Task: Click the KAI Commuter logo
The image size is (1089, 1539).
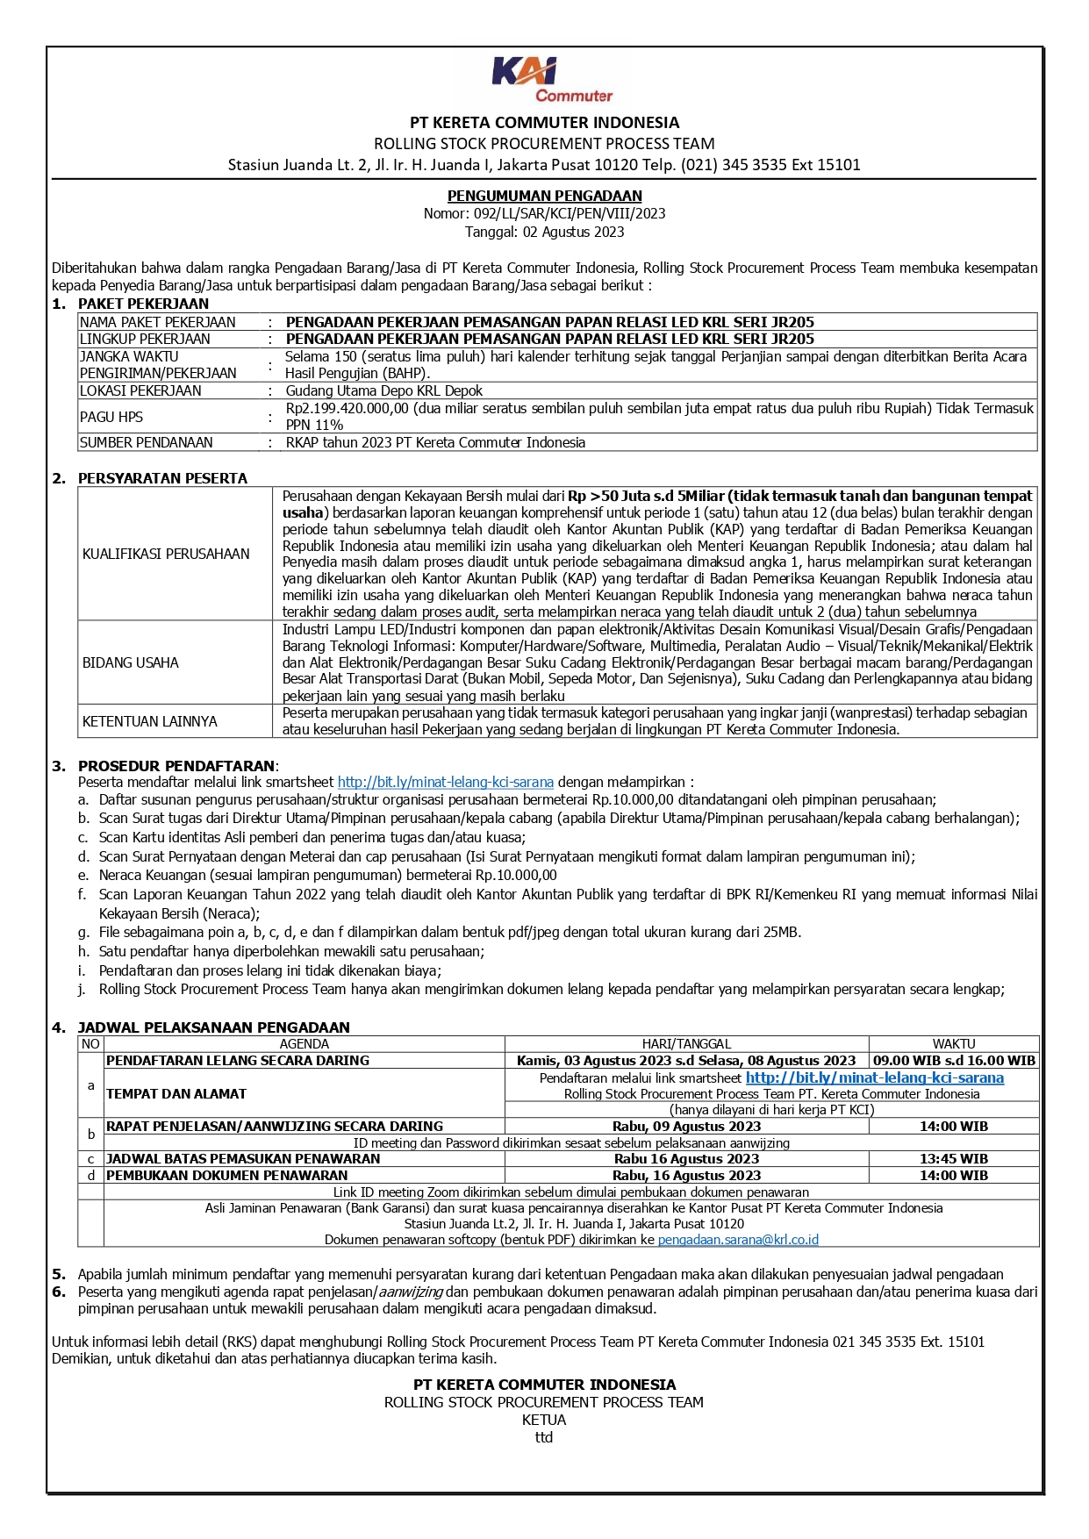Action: click(551, 80)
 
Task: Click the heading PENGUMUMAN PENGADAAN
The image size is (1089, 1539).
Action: click(544, 196)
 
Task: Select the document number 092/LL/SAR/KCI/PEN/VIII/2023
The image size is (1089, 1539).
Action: click(570, 213)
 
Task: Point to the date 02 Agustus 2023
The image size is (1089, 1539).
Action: click(573, 232)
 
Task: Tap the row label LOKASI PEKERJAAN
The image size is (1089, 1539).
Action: click(140, 390)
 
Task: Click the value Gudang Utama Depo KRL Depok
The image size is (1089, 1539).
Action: click(383, 390)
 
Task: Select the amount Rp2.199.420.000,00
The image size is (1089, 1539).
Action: click(347, 408)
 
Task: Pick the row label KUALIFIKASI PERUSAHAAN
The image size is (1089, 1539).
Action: click(166, 554)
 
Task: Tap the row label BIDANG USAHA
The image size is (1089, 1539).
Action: click(131, 662)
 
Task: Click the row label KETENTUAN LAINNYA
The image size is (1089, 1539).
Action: click(150, 721)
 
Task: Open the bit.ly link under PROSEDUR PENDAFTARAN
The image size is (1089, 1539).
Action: click(445, 782)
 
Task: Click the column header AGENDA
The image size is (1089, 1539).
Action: click(304, 1044)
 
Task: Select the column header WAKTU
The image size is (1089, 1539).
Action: click(954, 1044)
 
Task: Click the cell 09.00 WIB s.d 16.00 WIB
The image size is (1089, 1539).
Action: click(954, 1060)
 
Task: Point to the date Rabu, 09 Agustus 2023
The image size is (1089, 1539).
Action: click(686, 1127)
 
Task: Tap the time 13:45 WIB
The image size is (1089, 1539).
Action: click(954, 1159)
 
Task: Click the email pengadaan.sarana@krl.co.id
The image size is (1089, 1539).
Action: click(738, 1240)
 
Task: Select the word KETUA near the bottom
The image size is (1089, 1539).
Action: click(544, 1420)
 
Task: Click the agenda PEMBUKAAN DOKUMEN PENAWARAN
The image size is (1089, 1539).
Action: click(227, 1176)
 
